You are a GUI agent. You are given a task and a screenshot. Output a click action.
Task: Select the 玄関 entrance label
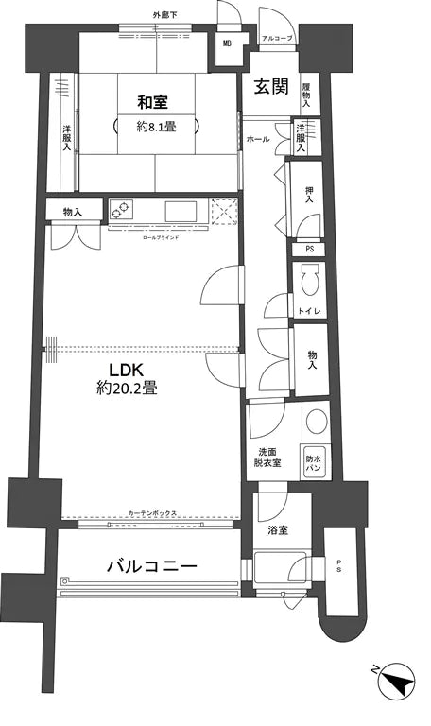[x=269, y=86]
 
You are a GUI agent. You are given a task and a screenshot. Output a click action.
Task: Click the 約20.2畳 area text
[x=126, y=387]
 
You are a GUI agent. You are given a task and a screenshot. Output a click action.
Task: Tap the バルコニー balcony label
[x=151, y=567]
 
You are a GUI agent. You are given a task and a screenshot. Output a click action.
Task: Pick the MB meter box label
[x=227, y=43]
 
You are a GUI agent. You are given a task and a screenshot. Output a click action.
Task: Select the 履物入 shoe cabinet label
[x=306, y=92]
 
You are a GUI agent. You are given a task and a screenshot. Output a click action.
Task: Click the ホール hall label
[x=256, y=140]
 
